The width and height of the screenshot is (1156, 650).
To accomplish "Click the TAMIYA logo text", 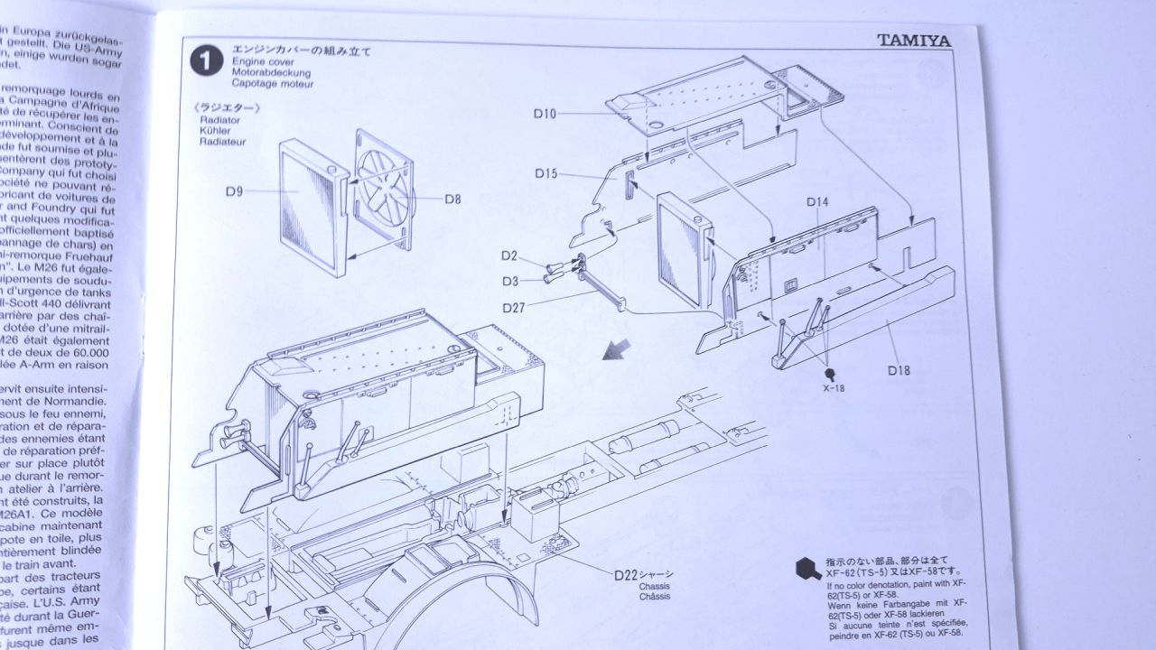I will [x=926, y=39].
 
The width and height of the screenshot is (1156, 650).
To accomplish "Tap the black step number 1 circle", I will [x=207, y=61].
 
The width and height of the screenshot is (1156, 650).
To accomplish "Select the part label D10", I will [x=545, y=113].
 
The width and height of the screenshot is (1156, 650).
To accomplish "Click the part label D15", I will [x=545, y=173].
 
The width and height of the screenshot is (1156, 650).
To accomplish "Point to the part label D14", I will [x=817, y=202].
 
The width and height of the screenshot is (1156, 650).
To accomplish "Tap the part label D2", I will [x=511, y=256].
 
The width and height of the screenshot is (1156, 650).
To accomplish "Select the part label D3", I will [x=511, y=281].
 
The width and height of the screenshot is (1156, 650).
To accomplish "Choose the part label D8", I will [x=452, y=200].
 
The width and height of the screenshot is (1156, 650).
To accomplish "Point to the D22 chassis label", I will [x=627, y=575].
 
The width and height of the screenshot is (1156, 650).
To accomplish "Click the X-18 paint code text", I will [x=834, y=387].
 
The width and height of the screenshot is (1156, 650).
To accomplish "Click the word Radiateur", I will [x=222, y=142].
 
